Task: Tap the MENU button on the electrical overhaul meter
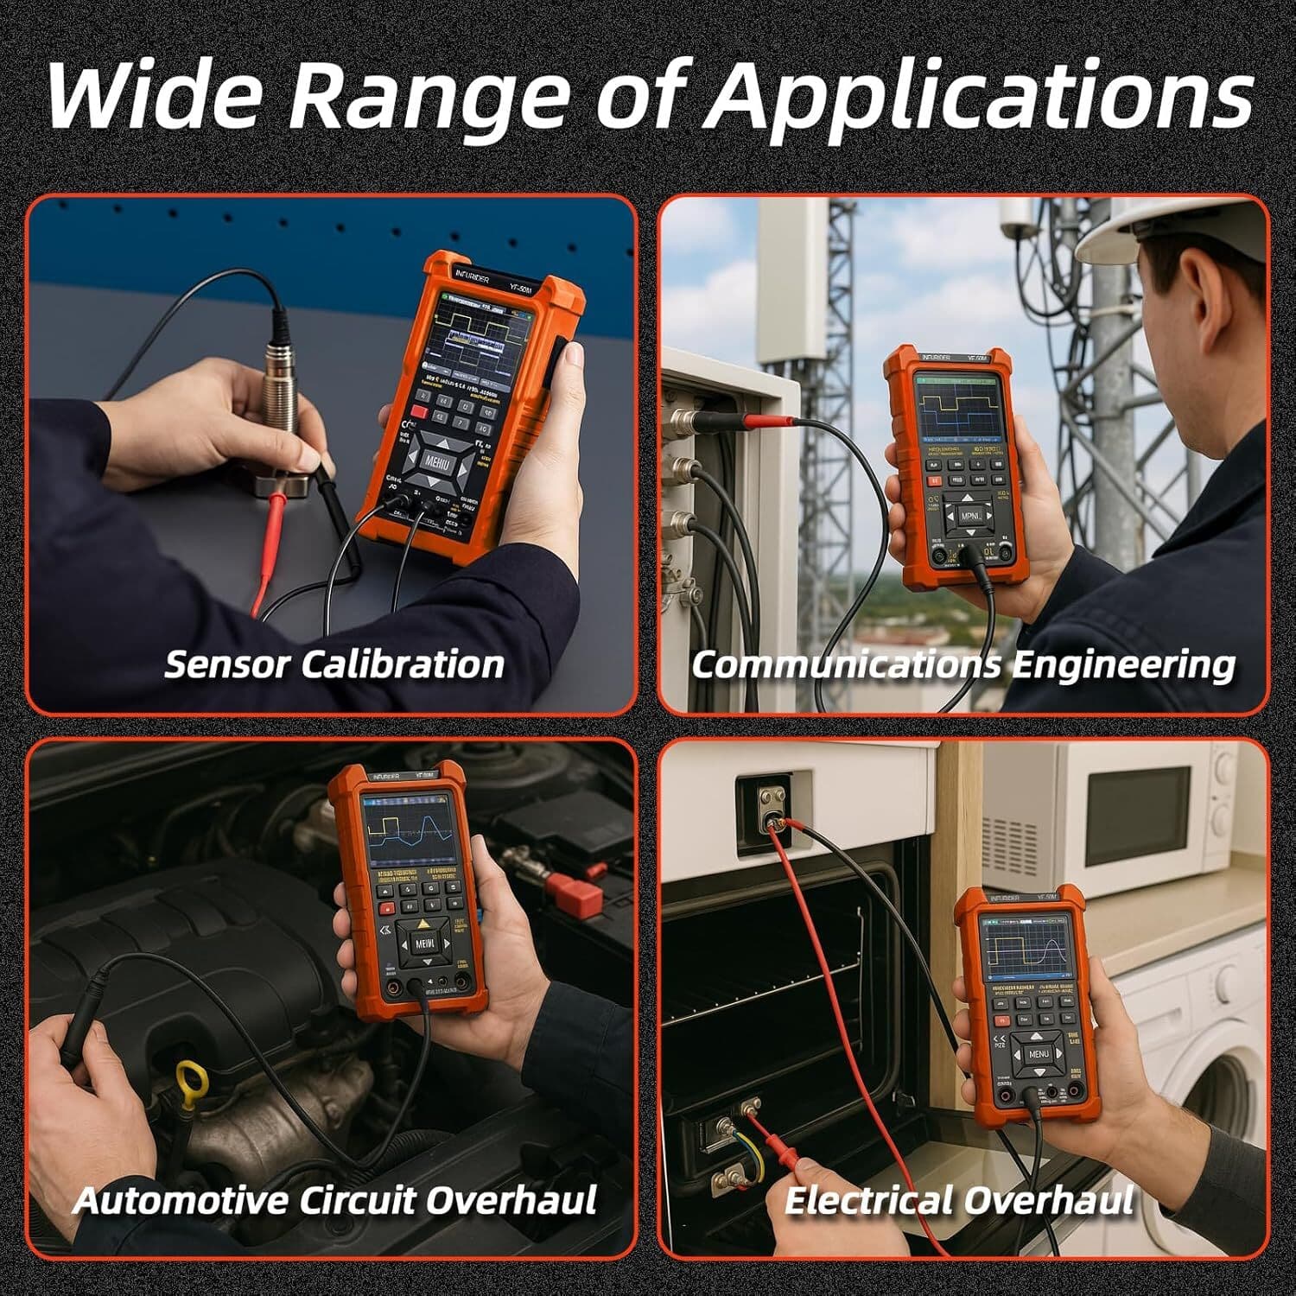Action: (x=1038, y=1053)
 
